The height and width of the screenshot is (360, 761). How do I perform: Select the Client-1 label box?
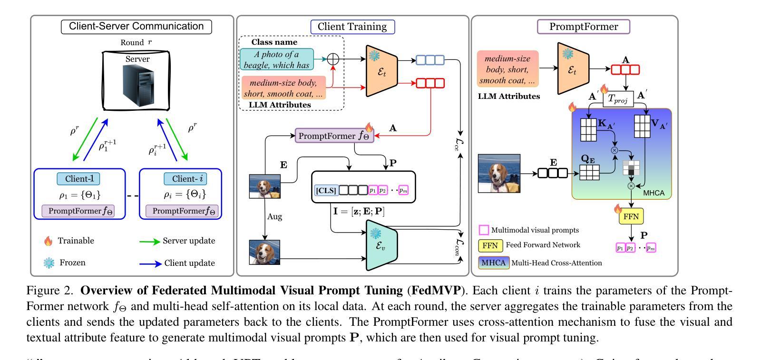[79, 179]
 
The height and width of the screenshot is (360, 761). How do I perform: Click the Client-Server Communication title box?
[137, 26]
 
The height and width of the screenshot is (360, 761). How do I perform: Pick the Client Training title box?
[352, 27]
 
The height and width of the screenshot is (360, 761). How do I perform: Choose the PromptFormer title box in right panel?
[584, 27]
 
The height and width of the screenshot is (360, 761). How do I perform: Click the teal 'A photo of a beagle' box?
[277, 59]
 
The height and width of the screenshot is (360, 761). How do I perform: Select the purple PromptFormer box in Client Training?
[335, 136]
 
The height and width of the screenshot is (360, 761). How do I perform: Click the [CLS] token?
[326, 191]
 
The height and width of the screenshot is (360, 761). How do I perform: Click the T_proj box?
[618, 99]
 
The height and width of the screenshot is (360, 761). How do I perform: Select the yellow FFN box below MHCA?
[631, 217]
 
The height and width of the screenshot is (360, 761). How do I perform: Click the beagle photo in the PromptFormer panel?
[498, 173]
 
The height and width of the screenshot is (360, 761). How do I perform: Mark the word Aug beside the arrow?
[274, 216]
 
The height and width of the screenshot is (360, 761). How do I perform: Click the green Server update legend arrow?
[149, 241]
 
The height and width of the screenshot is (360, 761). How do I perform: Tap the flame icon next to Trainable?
[48, 241]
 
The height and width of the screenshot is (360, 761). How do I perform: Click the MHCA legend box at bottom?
[494, 263]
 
